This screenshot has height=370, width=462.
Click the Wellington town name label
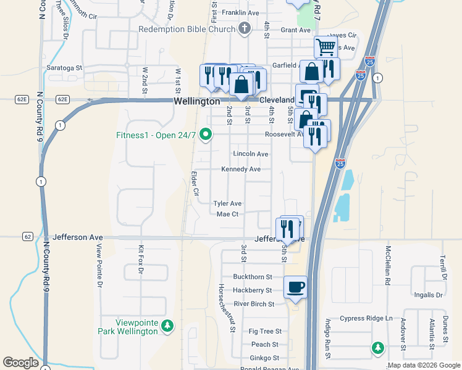coord(196,101)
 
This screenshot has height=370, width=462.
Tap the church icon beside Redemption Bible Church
coord(245,28)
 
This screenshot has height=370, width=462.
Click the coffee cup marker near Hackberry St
coord(295,286)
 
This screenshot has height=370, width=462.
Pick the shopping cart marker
coord(325,46)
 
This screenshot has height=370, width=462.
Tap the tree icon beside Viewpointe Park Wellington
coord(166,326)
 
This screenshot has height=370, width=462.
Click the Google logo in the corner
coord(20,363)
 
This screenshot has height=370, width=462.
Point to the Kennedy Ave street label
coord(241,169)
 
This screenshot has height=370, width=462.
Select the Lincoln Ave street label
coord(251,154)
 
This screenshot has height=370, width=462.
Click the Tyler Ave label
coord(227,203)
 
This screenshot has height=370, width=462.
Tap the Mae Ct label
coord(227,214)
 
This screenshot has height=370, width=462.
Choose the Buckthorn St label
coord(253,277)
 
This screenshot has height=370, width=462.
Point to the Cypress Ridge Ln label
coord(366,318)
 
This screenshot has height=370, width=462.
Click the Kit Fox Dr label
coord(141,259)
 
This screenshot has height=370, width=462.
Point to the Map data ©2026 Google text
coord(424,366)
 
